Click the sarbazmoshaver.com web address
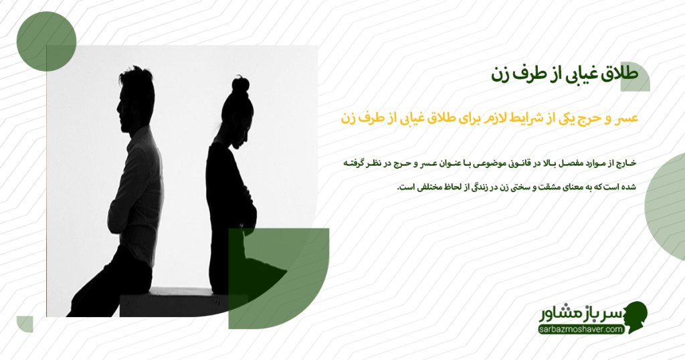(x=581, y=329)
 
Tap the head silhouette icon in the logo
(x=635, y=317)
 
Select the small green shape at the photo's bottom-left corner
(x=25, y=324)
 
